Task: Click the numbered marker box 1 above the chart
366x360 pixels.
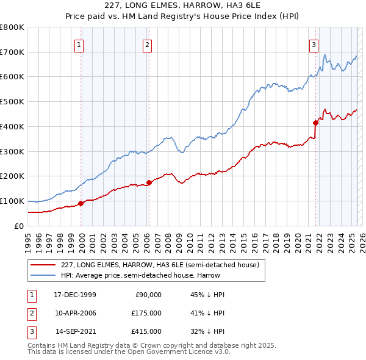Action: click(x=80, y=44)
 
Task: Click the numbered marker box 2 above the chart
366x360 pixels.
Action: click(x=148, y=44)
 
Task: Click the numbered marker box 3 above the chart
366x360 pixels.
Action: click(x=314, y=44)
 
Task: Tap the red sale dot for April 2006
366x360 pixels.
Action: click(x=149, y=182)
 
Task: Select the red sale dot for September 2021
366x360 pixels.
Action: click(x=315, y=122)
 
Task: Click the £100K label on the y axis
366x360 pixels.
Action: click(x=12, y=201)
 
